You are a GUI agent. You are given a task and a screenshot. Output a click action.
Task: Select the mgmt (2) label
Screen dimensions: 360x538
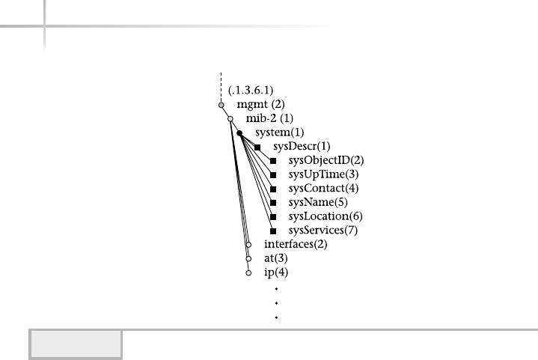point(254,106)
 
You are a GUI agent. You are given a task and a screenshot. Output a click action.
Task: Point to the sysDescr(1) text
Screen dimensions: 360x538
point(302,147)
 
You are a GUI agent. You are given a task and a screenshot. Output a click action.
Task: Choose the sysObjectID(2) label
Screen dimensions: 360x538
point(325,160)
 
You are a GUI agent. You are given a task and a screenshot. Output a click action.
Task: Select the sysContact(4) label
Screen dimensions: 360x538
point(323,188)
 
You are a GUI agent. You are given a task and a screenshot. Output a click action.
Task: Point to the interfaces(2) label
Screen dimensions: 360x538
point(296,244)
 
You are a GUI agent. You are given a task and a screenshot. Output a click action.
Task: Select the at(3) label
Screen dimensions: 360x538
point(272,258)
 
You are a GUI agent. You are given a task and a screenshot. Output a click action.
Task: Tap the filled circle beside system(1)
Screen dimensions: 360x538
point(239,133)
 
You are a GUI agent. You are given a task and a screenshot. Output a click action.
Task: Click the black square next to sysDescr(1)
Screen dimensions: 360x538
point(257,147)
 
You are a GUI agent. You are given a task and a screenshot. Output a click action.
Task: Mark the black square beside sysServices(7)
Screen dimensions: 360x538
point(273,231)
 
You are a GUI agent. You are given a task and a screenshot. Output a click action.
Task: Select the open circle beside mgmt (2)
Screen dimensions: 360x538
point(221,106)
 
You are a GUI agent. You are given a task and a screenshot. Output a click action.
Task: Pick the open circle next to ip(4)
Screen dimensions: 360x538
point(248,273)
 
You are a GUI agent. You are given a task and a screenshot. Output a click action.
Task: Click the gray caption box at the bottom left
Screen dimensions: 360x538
point(75,344)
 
